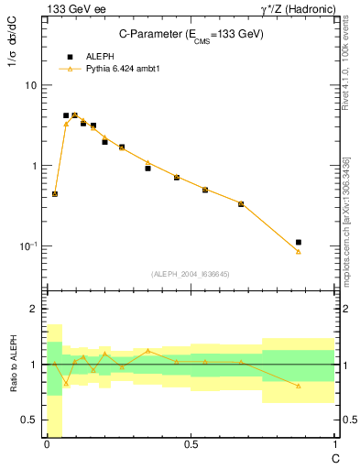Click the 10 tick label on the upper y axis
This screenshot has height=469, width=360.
(x=30, y=85)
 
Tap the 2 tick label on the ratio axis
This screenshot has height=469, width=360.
(x=33, y=310)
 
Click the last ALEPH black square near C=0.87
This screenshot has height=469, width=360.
(x=299, y=242)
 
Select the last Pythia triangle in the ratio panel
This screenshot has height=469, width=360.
(x=299, y=386)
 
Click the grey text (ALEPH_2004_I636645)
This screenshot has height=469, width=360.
(x=190, y=274)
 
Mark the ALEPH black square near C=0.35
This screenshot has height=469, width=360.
(x=147, y=169)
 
